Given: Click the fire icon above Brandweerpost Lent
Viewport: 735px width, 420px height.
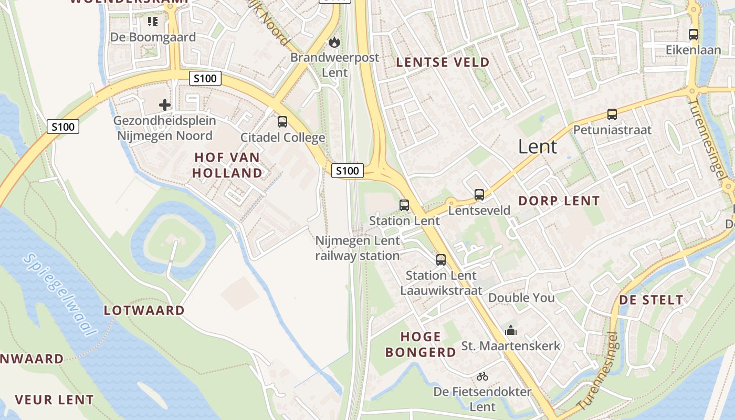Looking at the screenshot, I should pyautogui.click(x=334, y=43).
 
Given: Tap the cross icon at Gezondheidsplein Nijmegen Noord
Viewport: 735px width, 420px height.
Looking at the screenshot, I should pyautogui.click(x=165, y=105).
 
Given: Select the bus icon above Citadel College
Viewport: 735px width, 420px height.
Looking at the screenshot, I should pyautogui.click(x=282, y=122).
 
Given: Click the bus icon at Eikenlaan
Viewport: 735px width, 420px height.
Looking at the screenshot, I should pyautogui.click(x=694, y=35).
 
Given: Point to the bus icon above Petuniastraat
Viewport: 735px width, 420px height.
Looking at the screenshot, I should pyautogui.click(x=612, y=114).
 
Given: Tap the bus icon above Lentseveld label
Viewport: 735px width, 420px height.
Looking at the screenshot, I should pyautogui.click(x=479, y=195).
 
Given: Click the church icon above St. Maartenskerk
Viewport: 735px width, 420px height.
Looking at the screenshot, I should pyautogui.click(x=511, y=330).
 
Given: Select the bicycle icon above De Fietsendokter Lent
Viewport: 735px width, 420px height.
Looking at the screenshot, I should pyautogui.click(x=482, y=376).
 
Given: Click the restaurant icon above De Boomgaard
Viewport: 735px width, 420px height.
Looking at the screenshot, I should pyautogui.click(x=153, y=22).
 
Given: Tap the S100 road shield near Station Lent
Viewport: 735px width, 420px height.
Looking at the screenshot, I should pyautogui.click(x=348, y=171).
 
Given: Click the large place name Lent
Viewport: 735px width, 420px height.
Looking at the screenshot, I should pyautogui.click(x=537, y=146).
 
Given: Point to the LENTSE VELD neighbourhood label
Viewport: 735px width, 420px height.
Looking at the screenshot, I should pyautogui.click(x=443, y=62).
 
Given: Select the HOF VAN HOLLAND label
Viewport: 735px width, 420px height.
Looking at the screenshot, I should pyautogui.click(x=227, y=165).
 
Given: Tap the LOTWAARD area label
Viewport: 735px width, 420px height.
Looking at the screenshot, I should pyautogui.click(x=144, y=310).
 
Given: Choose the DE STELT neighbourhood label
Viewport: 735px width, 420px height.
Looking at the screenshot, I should pyautogui.click(x=652, y=300).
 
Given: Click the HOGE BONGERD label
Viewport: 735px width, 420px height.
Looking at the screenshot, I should pyautogui.click(x=421, y=344).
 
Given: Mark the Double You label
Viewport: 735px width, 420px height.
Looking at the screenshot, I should pyautogui.click(x=521, y=298).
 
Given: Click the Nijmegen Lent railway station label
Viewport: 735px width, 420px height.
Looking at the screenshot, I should pyautogui.click(x=358, y=248).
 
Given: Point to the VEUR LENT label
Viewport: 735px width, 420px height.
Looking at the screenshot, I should pyautogui.click(x=55, y=400).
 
